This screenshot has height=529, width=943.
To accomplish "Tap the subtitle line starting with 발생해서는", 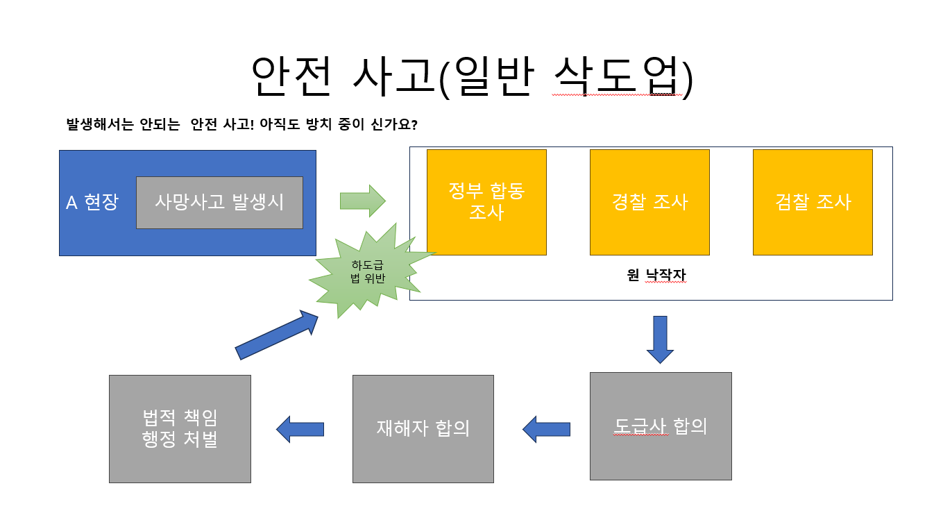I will point(241,125).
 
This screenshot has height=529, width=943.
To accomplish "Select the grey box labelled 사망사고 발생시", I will point(219,202).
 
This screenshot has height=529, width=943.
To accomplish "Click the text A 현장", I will point(92,202).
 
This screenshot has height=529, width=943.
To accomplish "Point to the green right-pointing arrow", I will point(362,201).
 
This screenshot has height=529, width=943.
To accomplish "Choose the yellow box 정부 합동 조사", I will point(486,202).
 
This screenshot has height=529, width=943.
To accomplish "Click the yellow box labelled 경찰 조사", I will point(649,202).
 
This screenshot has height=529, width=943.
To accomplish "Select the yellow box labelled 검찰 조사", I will point(813,202).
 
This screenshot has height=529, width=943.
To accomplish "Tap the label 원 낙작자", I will point(656,276).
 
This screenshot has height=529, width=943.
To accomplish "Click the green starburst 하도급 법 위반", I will point(368,271).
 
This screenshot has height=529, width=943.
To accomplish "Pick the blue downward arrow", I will point(660,339).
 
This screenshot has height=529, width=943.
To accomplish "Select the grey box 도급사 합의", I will point(661,426).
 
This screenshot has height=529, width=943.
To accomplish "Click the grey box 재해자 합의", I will point(423,428).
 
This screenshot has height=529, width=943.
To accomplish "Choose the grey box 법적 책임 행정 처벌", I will point(180,428).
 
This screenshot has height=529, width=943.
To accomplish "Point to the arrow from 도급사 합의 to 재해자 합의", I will point(546,429).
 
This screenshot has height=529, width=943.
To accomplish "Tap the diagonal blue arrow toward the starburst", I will point(276,335).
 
